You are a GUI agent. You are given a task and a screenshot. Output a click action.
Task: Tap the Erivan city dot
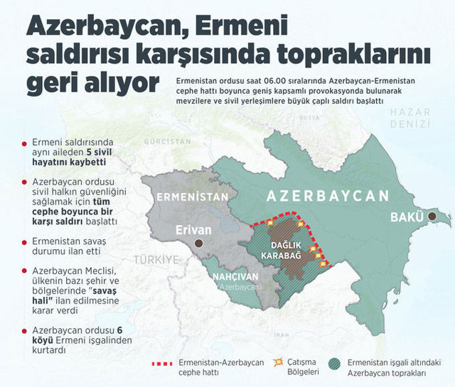pos(200,243)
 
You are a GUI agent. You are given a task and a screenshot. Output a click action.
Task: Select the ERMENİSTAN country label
pos(192,197)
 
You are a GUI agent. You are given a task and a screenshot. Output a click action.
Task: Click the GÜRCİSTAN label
pos(168,142)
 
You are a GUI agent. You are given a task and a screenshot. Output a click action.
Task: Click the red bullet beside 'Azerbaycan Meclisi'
pos(25,272)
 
